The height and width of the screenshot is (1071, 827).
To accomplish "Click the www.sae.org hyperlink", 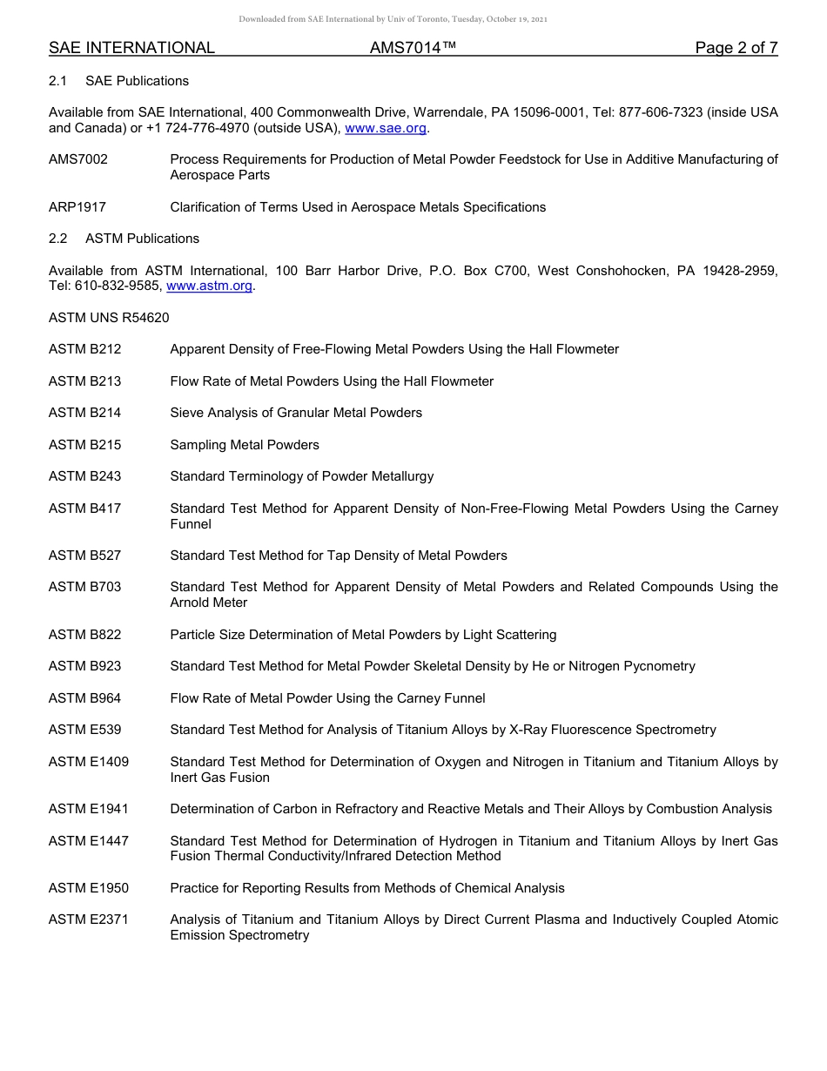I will click(x=386, y=128).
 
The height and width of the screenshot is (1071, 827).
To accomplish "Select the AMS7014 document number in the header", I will click(x=413, y=48).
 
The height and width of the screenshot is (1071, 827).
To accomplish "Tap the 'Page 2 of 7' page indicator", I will click(x=736, y=48).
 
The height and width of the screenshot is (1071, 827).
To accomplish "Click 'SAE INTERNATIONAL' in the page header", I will click(x=131, y=48).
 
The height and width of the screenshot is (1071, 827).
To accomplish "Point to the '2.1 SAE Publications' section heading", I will click(x=118, y=81).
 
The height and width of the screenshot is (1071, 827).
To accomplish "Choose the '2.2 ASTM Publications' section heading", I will click(x=124, y=239).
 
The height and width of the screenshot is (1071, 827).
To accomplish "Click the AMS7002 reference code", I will click(x=78, y=159).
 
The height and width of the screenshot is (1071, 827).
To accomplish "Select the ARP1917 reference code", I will click(x=77, y=207).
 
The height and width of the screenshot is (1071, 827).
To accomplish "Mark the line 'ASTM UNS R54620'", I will click(x=109, y=318).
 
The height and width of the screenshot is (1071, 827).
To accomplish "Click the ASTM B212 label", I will click(x=85, y=349).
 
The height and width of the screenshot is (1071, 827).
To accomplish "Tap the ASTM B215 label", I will click(x=85, y=445).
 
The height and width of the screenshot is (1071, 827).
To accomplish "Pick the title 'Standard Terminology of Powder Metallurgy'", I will click(x=301, y=476).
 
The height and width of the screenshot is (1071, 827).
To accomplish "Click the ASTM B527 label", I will click(x=85, y=556).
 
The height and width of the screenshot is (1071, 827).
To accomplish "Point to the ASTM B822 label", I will click(x=85, y=635).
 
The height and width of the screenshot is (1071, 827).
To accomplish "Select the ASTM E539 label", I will click(x=85, y=730).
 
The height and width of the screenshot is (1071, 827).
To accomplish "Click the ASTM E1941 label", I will click(x=89, y=809).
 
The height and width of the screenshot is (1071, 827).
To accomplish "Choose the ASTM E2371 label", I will click(x=89, y=919).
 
